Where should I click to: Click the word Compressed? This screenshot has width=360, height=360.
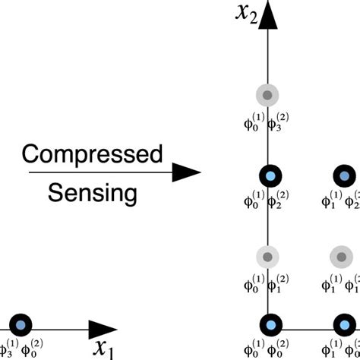pyautogui.click(x=92, y=155)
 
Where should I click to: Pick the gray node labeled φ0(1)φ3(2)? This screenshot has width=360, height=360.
pyautogui.click(x=268, y=96)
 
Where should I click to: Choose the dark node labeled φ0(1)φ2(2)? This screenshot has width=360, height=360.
pyautogui.click(x=269, y=177)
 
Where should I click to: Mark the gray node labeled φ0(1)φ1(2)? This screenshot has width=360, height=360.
pyautogui.click(x=268, y=257)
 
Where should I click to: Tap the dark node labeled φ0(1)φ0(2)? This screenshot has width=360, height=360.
pyautogui.click(x=269, y=327)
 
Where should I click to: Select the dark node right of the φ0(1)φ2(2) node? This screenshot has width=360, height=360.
pyautogui.click(x=344, y=177)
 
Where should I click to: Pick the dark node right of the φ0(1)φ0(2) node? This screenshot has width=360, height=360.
pyautogui.click(x=345, y=327)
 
